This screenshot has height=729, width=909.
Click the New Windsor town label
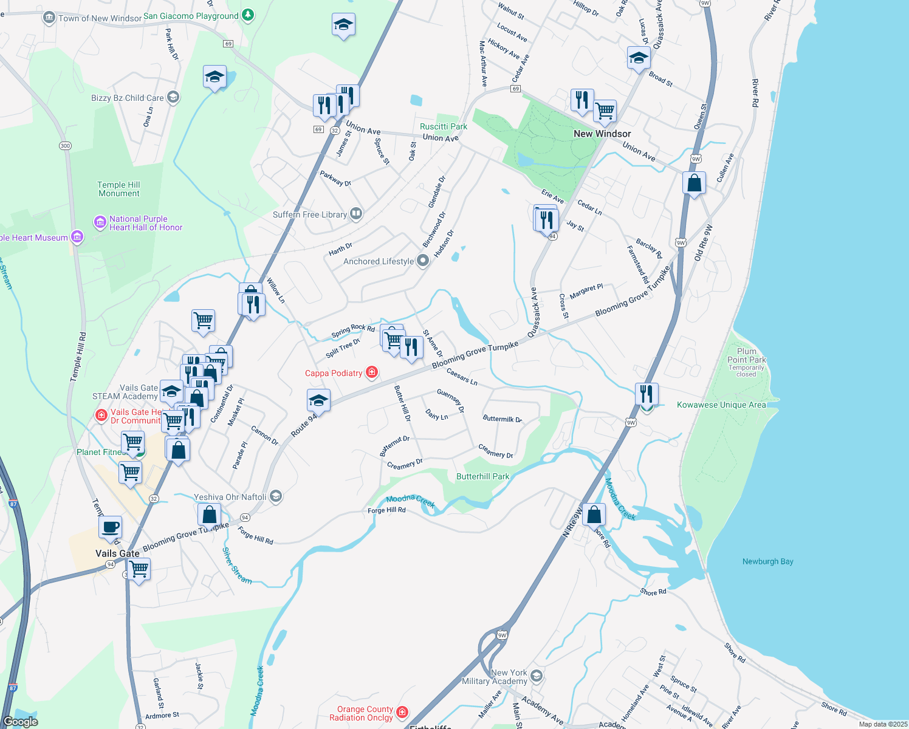coord(602,134)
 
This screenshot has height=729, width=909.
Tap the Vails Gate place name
coord(117,553)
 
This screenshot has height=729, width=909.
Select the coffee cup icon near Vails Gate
coord(110,527)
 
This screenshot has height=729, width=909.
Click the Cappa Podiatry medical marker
coord(372,372)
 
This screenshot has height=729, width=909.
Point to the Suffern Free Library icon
coord(356,214)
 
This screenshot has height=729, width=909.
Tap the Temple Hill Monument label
coord(118,189)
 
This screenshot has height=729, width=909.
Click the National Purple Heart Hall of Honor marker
coord(100,223)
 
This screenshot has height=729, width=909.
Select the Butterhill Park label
coord(482,476)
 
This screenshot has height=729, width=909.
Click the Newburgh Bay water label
coord(767,561)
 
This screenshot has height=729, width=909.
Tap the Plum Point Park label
coord(746,355)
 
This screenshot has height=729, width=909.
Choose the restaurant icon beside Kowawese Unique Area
coord(647,394)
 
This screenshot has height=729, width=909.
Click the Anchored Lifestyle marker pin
coord(423,261)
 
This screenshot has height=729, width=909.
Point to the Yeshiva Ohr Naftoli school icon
coord(275,497)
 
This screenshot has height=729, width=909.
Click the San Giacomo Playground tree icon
coord(248,16)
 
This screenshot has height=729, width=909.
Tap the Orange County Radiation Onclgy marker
coord(402,712)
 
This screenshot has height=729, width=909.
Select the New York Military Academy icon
coord(536,676)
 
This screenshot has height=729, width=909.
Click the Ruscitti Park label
coord(444,126)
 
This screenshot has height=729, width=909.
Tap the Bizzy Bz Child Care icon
coord(173,97)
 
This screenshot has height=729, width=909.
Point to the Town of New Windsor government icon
coord(49,18)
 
